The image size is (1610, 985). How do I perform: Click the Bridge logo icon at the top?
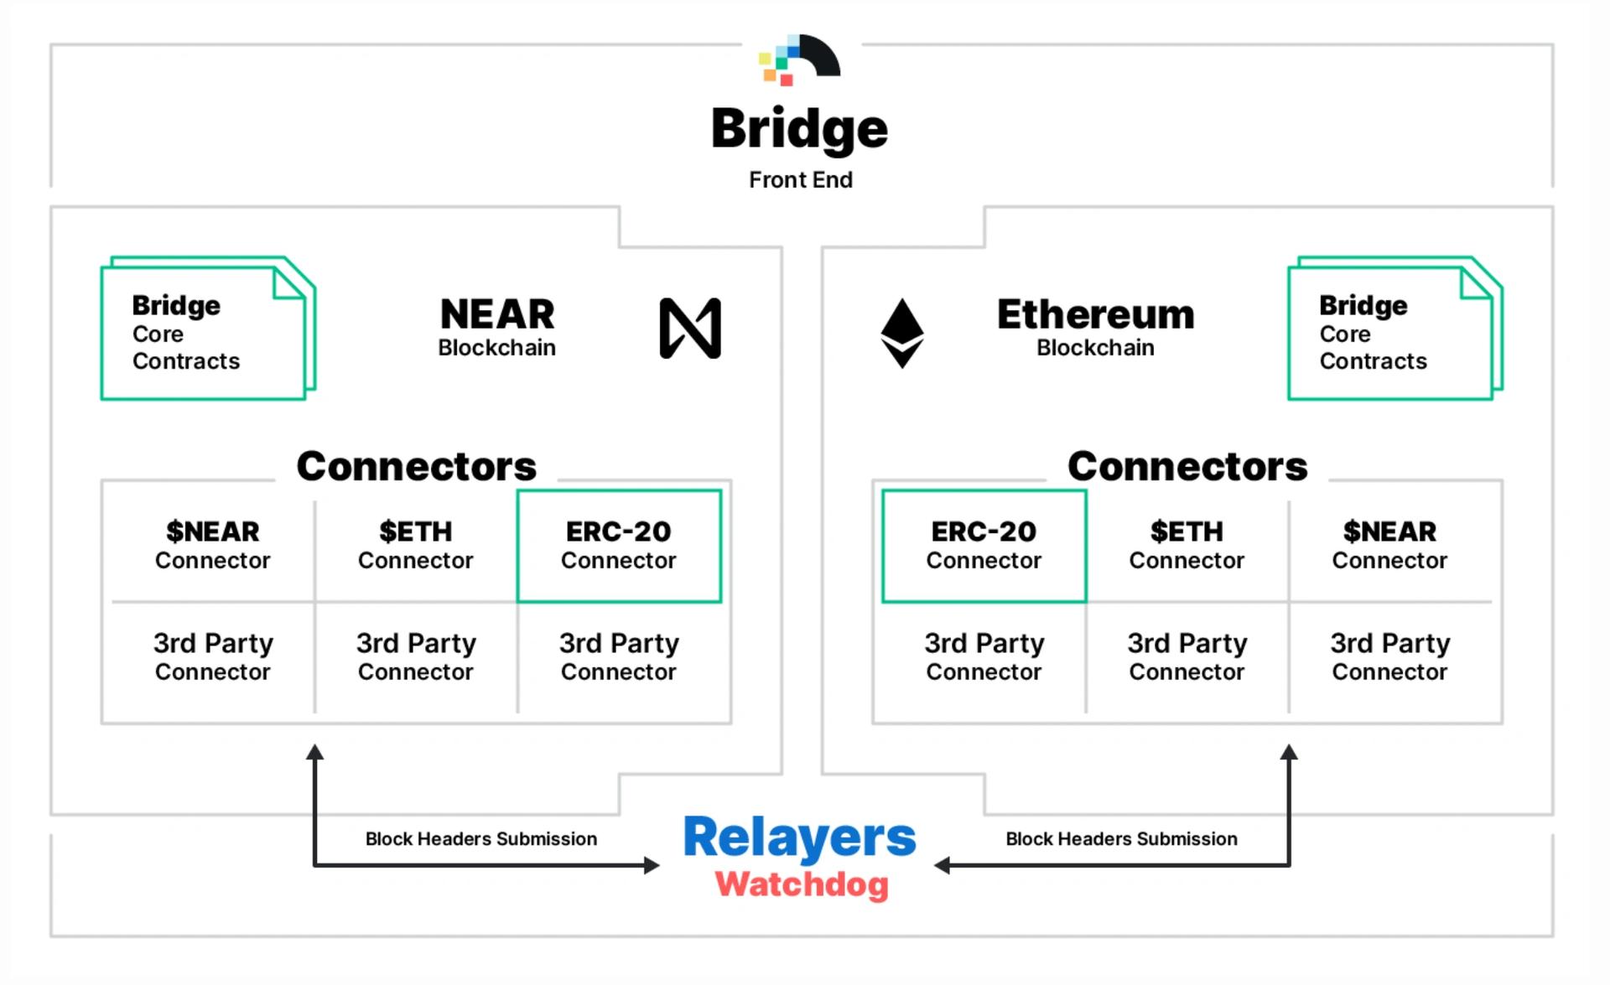pyautogui.click(x=799, y=60)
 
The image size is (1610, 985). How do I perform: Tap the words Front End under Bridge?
pyautogui.click(x=801, y=180)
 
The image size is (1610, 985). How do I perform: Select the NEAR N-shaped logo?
pyautogui.click(x=690, y=328)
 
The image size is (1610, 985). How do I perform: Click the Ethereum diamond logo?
pyautogui.click(x=902, y=333)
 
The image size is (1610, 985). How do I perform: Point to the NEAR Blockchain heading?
pyautogui.click(x=497, y=327)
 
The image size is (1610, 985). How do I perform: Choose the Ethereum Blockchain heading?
pyautogui.click(x=1095, y=327)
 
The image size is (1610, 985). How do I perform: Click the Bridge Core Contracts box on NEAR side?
pyautogui.click(x=208, y=329)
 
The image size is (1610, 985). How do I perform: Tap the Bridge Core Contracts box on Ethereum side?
pyautogui.click(x=1395, y=329)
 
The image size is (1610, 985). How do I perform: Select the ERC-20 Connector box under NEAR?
pyautogui.click(x=619, y=546)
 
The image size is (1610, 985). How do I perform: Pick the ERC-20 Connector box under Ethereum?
pyautogui.click(x=984, y=546)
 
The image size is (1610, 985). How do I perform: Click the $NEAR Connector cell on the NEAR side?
pyautogui.click(x=213, y=545)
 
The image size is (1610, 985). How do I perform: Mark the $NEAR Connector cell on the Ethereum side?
pyautogui.click(x=1390, y=545)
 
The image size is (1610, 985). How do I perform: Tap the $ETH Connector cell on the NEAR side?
pyautogui.click(x=416, y=545)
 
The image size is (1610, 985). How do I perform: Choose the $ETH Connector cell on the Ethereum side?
pyautogui.click(x=1187, y=545)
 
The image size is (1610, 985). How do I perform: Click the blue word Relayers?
pyautogui.click(x=800, y=837)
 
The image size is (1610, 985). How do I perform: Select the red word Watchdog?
pyautogui.click(x=802, y=884)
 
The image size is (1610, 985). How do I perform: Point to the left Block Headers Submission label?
pyautogui.click(x=481, y=839)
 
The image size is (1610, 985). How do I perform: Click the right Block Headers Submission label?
pyautogui.click(x=1121, y=839)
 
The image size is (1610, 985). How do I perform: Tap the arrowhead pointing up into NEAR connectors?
pyautogui.click(x=314, y=751)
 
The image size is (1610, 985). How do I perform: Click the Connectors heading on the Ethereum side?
pyautogui.click(x=1187, y=466)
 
